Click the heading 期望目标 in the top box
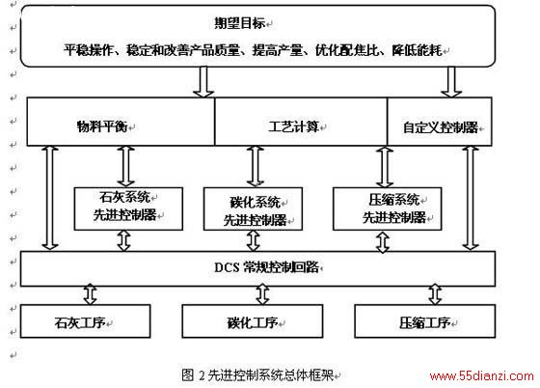pos(240,23)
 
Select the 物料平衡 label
pos(102,126)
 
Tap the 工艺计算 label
pos(294,126)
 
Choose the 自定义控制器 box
pos(440,122)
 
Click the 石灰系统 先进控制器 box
pos(128,208)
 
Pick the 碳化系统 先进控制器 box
pos(253,208)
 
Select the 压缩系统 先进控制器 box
pos(387,208)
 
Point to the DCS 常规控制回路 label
pos(266,267)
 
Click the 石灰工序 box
pos(86,320)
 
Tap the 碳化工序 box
pos(253,320)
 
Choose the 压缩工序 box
pos(425,320)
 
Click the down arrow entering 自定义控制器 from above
pos(451,82)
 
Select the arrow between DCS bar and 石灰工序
pos(91,294)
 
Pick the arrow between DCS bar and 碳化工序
pos(262,294)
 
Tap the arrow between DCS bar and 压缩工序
pos(435,294)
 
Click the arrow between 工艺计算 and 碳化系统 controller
pos(256,167)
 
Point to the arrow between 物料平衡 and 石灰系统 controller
pos(125,167)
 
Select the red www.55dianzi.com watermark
pos(482,376)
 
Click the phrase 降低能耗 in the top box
pos(417,50)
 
